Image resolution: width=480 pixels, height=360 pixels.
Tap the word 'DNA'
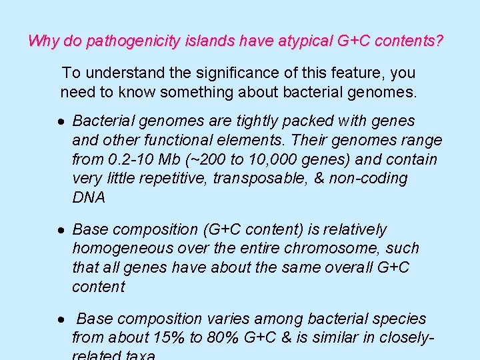89,197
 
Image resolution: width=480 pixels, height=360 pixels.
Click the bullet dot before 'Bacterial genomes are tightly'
61,122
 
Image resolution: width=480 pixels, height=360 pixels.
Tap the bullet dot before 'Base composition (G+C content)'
61,230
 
